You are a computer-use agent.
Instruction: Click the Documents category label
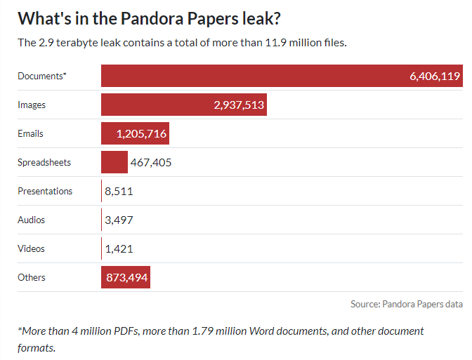tap(42, 76)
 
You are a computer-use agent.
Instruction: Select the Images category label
tap(32, 105)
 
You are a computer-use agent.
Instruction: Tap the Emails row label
tap(30, 133)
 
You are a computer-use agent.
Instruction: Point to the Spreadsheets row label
tap(44, 162)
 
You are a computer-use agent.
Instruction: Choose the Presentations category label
tap(45, 191)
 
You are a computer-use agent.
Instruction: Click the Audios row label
tap(32, 220)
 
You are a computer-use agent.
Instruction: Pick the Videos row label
tap(32, 248)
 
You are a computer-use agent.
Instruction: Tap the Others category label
tap(32, 277)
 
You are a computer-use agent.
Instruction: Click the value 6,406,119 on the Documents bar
tap(435, 76)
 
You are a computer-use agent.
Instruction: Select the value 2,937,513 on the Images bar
tap(239, 105)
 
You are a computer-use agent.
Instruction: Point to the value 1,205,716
tap(141, 133)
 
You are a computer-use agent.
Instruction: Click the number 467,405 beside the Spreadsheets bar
tap(151, 162)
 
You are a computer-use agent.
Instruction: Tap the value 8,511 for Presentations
tap(119, 192)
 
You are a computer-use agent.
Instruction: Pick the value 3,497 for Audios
tap(119, 220)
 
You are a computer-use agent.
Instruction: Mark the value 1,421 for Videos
tap(119, 249)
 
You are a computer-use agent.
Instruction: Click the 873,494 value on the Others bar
tap(126, 277)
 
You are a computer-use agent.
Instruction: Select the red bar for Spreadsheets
tap(114, 162)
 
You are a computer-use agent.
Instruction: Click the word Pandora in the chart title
tap(152, 19)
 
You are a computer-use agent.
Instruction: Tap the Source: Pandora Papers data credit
tap(407, 304)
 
